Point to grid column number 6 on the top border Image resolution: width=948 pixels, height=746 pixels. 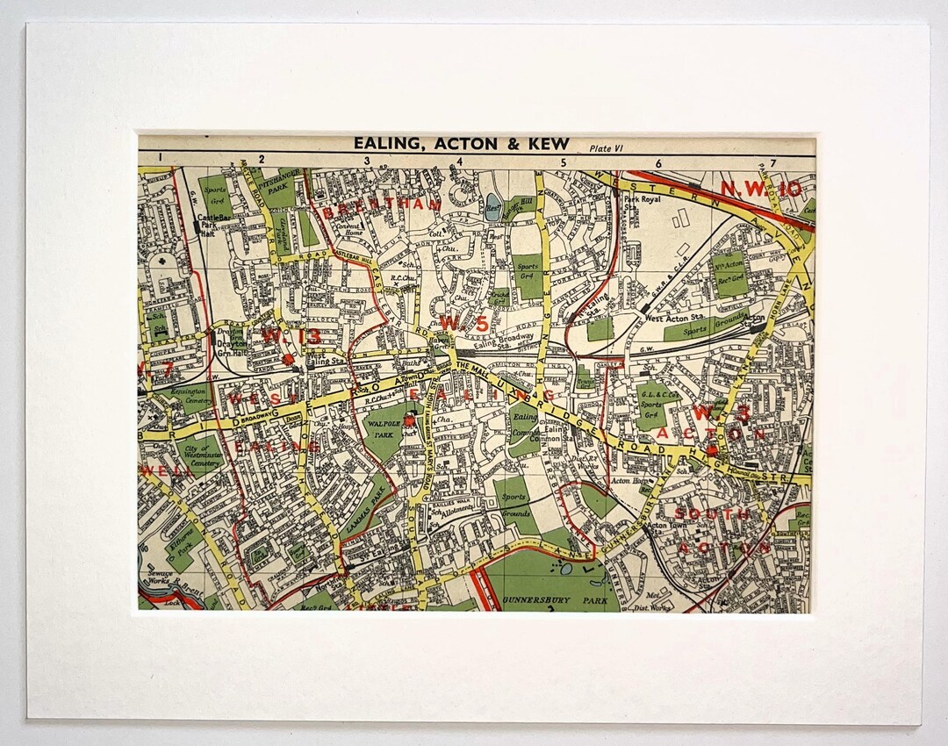658,162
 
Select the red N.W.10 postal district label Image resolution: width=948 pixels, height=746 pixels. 761,188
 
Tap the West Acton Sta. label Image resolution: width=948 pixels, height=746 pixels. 671,319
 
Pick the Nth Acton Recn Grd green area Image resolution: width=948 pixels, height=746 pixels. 730,273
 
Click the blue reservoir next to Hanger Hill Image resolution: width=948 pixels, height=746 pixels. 492,209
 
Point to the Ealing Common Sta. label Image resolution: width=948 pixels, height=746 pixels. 552,434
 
